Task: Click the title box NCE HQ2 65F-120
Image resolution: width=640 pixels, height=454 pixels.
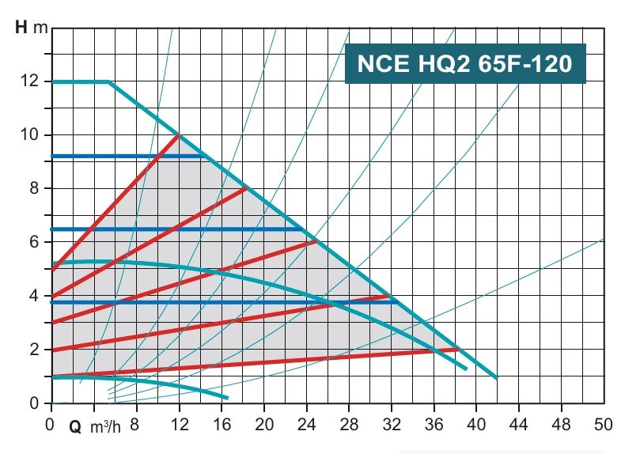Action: (x=465, y=63)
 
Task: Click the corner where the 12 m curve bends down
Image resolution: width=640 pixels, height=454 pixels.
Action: (x=109, y=81)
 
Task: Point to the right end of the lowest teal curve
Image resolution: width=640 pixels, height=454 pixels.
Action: (x=227, y=397)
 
